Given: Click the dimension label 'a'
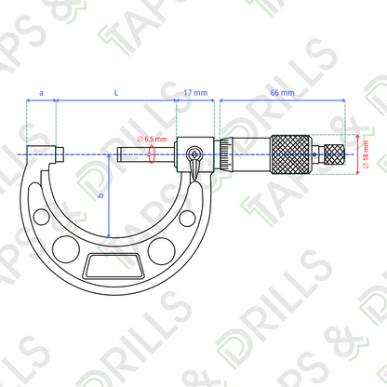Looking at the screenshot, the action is click(41, 93).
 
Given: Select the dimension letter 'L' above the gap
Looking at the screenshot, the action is click(116, 92).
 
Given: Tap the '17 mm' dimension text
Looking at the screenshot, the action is click(195, 93).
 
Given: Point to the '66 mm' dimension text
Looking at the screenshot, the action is click(282, 93).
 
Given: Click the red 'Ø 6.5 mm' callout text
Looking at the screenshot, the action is click(152, 139).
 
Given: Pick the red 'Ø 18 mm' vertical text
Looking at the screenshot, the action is click(367, 154).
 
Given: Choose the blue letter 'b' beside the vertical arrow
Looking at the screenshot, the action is click(100, 195).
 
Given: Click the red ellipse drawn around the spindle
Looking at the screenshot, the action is click(152, 153).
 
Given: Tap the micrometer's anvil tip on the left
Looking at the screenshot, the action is click(60, 154).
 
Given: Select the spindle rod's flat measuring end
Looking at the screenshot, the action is click(118, 154).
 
